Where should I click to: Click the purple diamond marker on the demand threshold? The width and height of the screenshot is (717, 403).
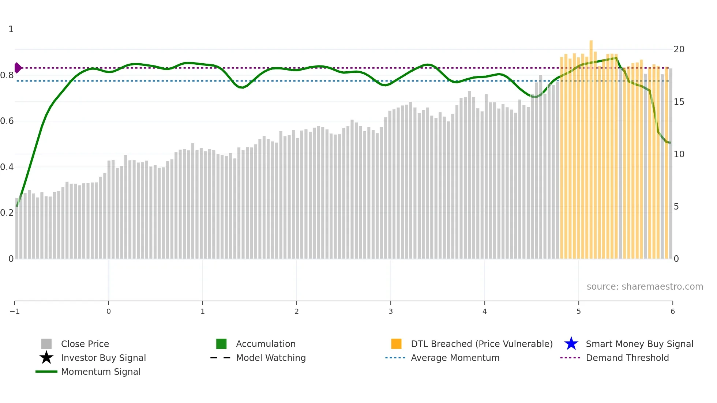[18, 68]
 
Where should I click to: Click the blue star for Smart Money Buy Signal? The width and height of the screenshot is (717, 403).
[571, 344]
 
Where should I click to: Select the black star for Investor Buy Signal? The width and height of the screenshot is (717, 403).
[46, 358]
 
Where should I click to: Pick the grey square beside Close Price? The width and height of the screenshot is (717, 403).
[46, 344]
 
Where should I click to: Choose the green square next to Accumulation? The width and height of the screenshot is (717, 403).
[221, 344]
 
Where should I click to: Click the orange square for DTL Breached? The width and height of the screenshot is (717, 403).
[396, 344]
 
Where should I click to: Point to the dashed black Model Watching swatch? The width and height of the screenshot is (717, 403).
[221, 358]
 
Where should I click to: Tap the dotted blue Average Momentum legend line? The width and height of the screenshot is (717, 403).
[395, 358]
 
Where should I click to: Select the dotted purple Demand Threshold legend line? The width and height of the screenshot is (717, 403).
[570, 358]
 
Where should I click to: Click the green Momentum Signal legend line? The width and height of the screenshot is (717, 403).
[46, 372]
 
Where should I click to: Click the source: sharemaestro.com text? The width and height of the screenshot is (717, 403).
[645, 286]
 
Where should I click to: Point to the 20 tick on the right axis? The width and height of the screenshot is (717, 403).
[679, 49]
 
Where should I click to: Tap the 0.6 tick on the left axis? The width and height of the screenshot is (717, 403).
[7, 121]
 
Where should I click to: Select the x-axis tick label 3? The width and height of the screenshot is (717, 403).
[391, 311]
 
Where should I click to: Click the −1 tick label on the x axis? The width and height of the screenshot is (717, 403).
[15, 311]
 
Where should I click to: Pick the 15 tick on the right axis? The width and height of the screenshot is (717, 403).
[679, 102]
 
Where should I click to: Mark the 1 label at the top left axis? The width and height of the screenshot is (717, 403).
[11, 29]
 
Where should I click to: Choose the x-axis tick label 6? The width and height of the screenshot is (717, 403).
[672, 311]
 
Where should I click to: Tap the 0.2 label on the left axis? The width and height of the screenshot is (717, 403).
[7, 213]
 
